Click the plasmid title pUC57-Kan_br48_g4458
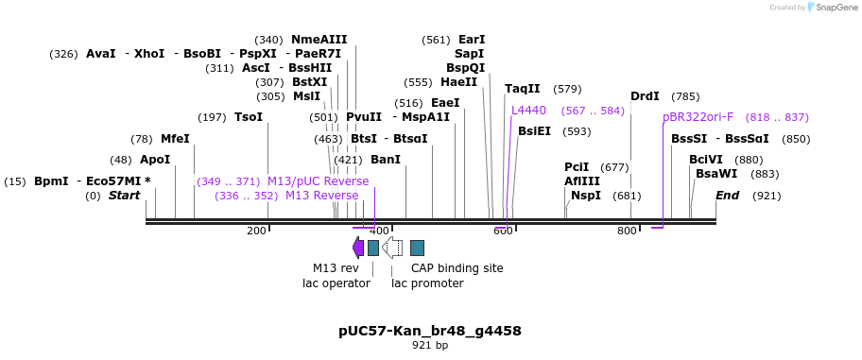430,331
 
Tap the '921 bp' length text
430,346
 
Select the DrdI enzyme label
645,96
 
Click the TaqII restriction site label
522,89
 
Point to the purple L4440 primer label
528,111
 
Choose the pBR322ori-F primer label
698,117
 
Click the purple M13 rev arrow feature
357,248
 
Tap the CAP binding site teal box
417,248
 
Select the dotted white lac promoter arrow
392,248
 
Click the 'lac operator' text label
336,283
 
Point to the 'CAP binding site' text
457,268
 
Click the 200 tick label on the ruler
256,231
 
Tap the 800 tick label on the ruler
627,231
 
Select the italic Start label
124,196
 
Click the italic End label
727,196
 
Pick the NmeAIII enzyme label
319,40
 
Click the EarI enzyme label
471,40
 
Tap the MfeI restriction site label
175,139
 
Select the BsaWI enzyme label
715,174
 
